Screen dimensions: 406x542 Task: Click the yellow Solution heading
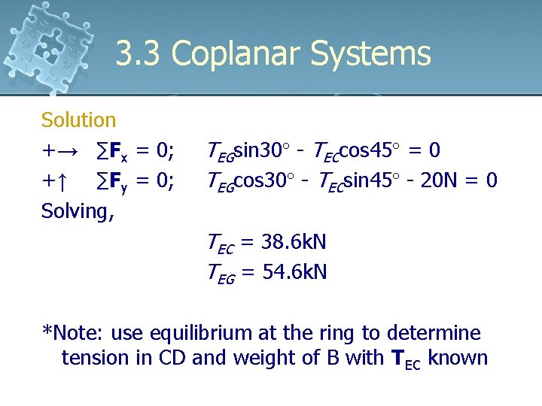[78, 120]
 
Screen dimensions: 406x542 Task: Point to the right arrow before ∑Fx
[66, 151]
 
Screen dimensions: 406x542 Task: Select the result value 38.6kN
[294, 242]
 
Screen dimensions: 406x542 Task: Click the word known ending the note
[459, 358]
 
